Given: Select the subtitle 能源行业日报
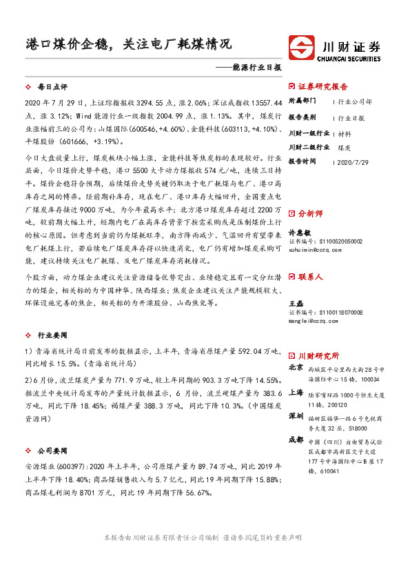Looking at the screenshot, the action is tap(258, 68).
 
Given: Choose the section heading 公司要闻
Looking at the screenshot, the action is tap(52, 450).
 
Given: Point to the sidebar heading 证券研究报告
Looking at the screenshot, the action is tap(323, 88).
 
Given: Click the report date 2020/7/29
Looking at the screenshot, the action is tap(356, 160).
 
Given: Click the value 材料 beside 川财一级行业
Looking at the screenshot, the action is tap(345, 133).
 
